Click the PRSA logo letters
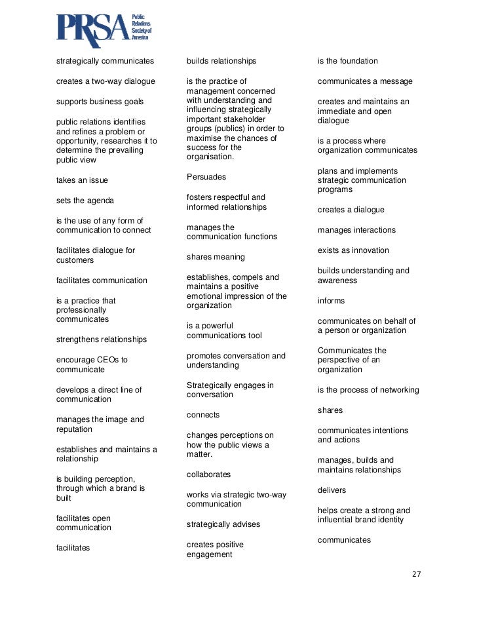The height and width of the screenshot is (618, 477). (x=92, y=31)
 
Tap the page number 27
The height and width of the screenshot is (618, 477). (x=416, y=574)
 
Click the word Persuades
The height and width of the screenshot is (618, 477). (x=206, y=177)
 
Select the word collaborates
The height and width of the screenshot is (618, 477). (x=208, y=474)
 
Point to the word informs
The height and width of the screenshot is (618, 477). (x=331, y=301)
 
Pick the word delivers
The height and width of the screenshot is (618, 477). (x=332, y=490)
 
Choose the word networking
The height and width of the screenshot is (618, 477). (x=398, y=390)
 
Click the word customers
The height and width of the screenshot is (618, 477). (x=75, y=260)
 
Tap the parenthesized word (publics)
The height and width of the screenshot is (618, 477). (x=229, y=129)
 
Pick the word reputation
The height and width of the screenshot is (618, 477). (x=74, y=429)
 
